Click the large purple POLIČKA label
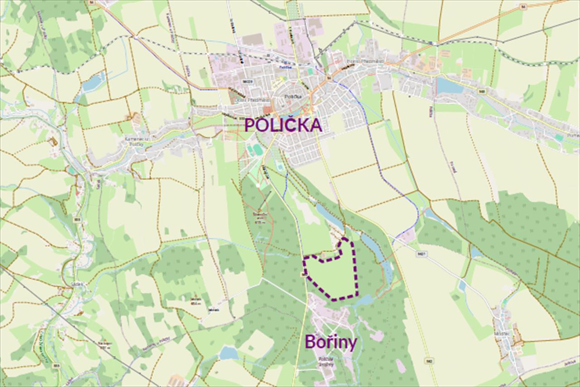pos(283,125)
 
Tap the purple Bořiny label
pos(330,342)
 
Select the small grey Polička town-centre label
pos(290,97)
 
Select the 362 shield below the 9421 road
pos(429,361)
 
